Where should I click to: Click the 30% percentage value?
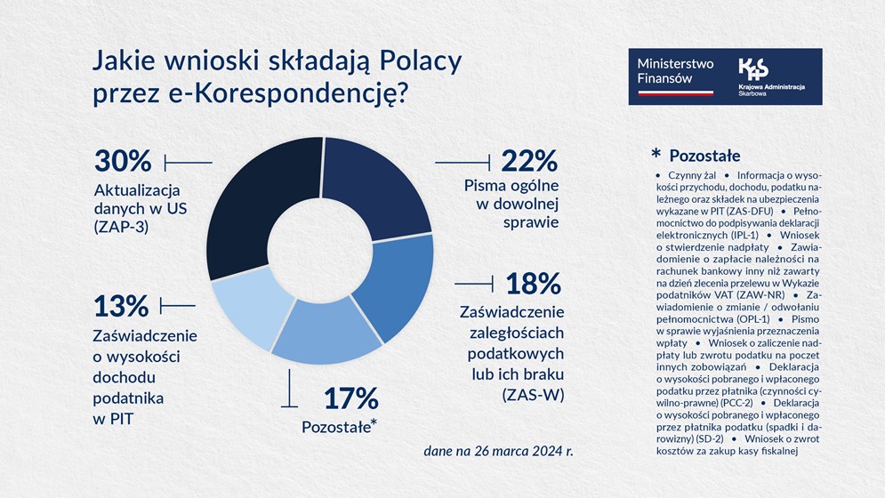[x=123, y=162]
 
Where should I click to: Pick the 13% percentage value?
[x=121, y=306]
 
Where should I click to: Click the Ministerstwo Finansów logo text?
[x=670, y=71]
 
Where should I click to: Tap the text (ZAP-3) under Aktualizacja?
[x=122, y=228]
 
